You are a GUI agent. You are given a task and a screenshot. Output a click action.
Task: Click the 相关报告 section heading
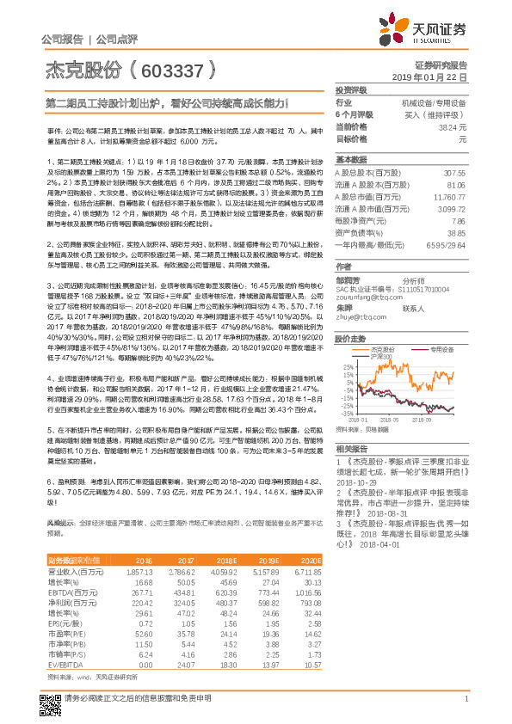pyautogui.click(x=351, y=448)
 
